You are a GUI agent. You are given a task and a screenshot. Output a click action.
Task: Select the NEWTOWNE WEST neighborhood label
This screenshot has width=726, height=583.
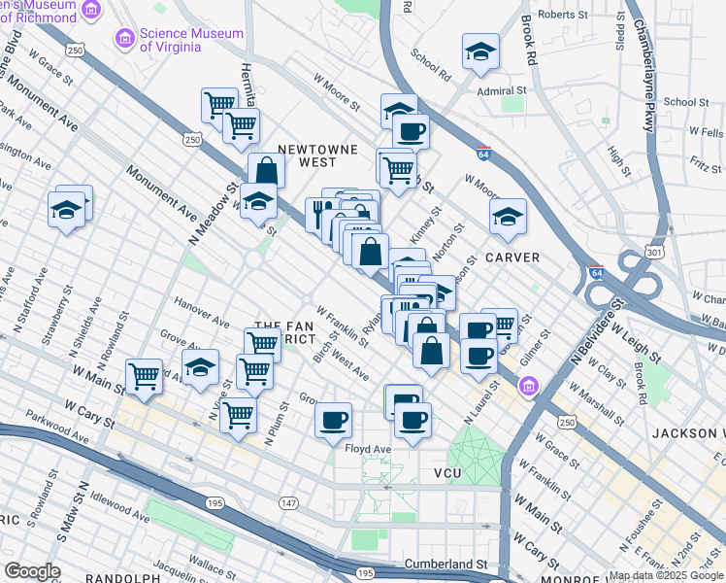(317, 156)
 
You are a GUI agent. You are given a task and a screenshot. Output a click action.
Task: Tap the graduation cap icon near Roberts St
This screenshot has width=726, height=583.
(480, 52)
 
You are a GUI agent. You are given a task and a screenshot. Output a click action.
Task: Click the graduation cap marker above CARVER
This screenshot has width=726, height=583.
(507, 217)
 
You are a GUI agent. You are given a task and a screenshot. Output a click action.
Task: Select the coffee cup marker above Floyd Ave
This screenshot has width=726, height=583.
(333, 419)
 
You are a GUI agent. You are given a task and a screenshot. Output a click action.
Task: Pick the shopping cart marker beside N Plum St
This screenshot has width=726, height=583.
(238, 414)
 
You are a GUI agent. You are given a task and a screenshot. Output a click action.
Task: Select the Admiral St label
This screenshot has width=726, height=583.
(500, 90)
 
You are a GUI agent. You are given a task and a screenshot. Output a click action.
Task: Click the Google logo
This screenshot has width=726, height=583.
(32, 571)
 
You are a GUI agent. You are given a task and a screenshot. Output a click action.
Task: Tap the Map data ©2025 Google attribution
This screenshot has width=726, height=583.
(666, 575)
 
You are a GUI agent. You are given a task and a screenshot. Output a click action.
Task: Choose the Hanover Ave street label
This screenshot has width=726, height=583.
(202, 312)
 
